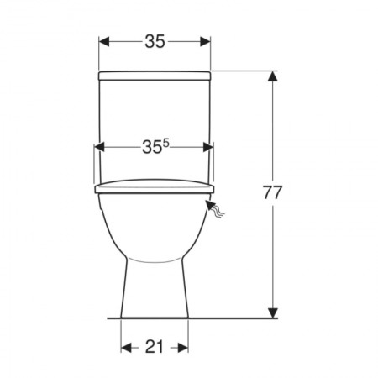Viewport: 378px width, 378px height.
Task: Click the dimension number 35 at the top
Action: click(155, 42)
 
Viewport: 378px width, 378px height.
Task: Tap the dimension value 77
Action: click(272, 192)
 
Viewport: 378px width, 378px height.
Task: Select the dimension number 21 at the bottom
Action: click(155, 347)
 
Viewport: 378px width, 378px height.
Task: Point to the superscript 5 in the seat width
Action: click(166, 143)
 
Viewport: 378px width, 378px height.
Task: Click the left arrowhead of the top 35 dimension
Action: click(103, 42)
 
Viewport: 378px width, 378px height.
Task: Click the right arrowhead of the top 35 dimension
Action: click(206, 42)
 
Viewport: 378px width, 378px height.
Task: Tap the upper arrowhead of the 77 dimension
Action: click(273, 76)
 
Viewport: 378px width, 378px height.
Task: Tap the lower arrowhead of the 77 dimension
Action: click(273, 312)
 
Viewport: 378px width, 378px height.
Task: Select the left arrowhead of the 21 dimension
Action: click(126, 348)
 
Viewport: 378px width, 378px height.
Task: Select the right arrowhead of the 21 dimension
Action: click(183, 348)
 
